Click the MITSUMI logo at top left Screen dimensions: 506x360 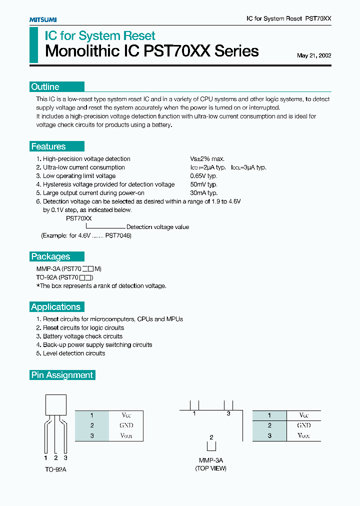tap(43, 19)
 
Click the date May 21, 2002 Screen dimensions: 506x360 tap(313, 55)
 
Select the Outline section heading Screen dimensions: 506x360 tap(45, 86)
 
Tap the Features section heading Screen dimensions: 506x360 tap(48, 146)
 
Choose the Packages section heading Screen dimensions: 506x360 tap(50, 256)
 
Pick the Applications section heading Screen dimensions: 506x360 tap(55, 307)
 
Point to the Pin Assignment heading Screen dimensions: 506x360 tap(62, 375)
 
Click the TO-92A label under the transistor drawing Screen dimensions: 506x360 tap(55, 469)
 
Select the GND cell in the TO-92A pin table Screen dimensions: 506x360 tap(126, 425)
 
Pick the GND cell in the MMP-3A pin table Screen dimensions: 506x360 tap(303, 425)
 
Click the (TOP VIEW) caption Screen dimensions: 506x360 tap(211, 468)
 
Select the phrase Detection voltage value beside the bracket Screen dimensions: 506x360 tap(157, 227)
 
